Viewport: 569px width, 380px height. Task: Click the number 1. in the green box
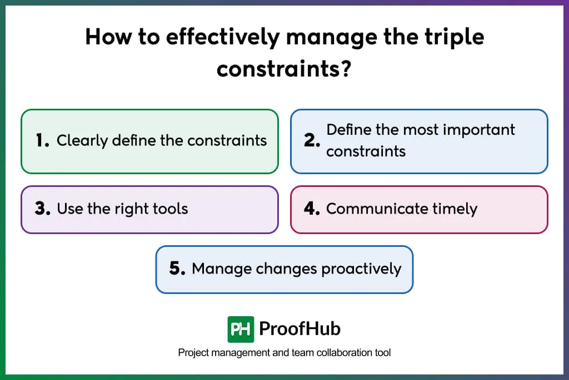click(42, 141)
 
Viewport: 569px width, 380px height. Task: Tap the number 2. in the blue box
click(312, 141)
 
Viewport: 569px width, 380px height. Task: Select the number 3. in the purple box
click(43, 209)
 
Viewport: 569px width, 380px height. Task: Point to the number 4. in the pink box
click(312, 209)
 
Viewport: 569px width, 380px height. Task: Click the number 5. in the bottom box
click(177, 269)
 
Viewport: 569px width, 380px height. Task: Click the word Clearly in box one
click(82, 140)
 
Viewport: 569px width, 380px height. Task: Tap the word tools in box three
click(171, 209)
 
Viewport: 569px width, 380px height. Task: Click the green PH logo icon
click(241, 329)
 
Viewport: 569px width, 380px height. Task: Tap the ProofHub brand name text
click(300, 329)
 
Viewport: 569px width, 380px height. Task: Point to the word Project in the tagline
click(192, 353)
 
